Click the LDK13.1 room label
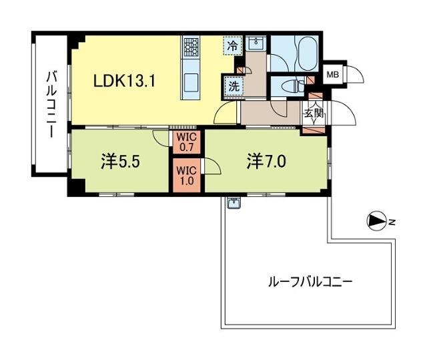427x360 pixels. [124, 81]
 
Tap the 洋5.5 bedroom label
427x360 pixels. [120, 162]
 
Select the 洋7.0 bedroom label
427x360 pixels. [266, 162]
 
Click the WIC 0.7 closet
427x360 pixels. [187, 142]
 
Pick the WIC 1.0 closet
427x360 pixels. [187, 176]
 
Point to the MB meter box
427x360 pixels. [332, 74]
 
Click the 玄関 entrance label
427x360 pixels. [315, 113]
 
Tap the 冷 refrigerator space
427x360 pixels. [232, 46]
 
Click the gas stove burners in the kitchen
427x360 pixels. [191, 47]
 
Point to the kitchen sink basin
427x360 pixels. [191, 83]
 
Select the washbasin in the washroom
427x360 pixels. [256, 43]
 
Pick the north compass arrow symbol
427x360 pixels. [376, 222]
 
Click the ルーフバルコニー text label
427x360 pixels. [310, 283]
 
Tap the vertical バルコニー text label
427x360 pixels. [51, 104]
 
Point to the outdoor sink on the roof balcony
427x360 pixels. [234, 203]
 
